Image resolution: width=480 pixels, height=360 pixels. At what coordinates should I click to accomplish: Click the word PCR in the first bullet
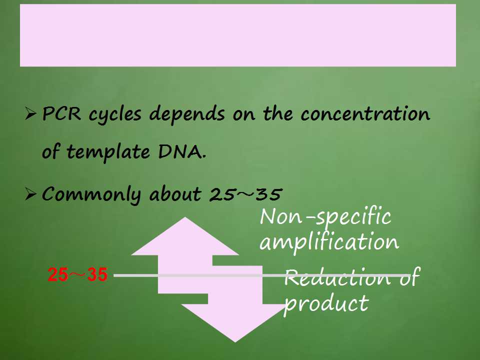[x=61, y=113]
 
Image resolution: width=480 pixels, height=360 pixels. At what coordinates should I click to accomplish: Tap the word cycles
[x=115, y=115]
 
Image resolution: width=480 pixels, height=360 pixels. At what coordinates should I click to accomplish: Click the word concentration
[x=365, y=113]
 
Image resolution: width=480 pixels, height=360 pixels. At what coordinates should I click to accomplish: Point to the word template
[x=108, y=152]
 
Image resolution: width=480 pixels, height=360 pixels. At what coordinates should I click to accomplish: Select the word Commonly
[x=91, y=194]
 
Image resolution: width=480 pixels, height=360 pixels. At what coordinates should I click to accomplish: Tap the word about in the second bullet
[x=175, y=193]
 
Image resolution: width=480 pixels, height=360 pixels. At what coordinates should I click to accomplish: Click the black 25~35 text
[x=245, y=194]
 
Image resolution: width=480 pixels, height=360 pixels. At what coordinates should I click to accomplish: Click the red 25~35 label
[x=77, y=274]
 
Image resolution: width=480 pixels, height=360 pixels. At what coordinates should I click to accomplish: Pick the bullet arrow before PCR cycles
[x=30, y=114]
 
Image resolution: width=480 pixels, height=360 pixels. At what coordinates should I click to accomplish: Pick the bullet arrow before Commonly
[x=30, y=194]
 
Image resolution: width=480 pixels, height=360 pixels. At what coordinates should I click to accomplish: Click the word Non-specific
[x=325, y=216]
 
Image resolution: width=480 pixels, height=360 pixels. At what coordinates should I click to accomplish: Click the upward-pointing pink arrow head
[x=185, y=236]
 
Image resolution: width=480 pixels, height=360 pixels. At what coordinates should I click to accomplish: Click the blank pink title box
[x=238, y=35]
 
